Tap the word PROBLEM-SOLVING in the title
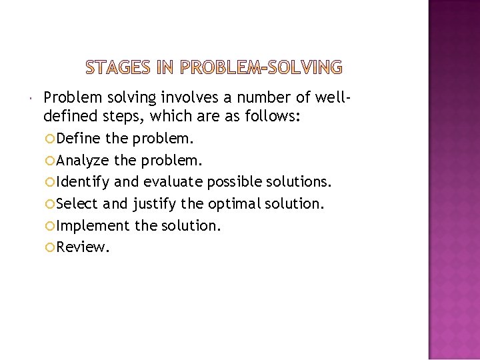[x=262, y=67]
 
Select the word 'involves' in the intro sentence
[x=185, y=98]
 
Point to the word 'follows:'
[x=275, y=117]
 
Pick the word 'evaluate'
[x=171, y=182]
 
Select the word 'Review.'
[x=83, y=247]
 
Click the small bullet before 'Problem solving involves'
[x=33, y=99]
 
